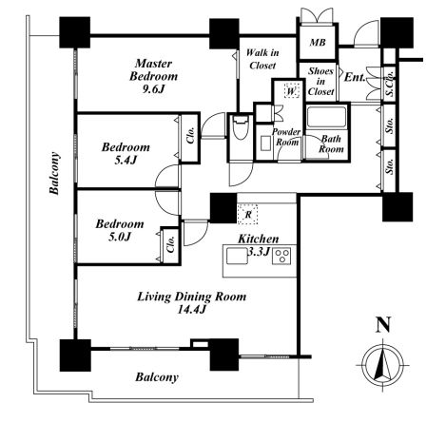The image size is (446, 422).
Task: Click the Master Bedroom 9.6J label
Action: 154,76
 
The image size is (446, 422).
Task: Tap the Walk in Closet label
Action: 262,59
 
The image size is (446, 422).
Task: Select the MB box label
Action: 318,42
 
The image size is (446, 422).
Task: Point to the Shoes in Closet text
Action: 320,82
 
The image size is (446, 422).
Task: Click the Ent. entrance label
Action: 355,77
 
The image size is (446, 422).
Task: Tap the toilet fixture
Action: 241,127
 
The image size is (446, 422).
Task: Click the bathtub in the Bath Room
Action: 326,117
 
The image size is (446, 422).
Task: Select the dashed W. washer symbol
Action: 292,90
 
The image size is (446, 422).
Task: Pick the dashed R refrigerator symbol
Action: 248,215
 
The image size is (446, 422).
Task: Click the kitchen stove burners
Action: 281,257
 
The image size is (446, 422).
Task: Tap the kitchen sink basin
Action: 237,257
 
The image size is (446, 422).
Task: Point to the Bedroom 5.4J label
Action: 126,154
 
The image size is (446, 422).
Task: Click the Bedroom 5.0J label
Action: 120,230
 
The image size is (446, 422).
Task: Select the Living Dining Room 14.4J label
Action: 192,303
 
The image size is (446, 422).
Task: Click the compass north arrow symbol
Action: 383,365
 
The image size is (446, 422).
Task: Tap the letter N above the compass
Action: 383,325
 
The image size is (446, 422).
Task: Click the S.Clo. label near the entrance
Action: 390,83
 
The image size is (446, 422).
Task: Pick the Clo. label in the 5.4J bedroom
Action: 190,135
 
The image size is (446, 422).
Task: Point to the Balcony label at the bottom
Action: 157,377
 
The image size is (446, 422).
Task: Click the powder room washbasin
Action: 265,144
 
